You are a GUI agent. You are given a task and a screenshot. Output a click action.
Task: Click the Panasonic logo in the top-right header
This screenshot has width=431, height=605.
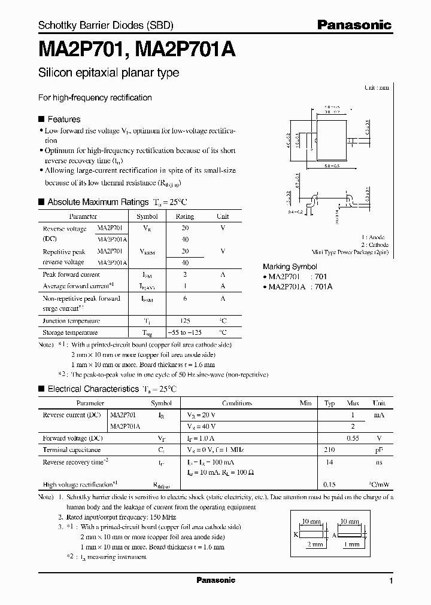pyautogui.click(x=354, y=25)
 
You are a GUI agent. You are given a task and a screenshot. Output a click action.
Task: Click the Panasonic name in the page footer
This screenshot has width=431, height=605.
pyautogui.click(x=215, y=580)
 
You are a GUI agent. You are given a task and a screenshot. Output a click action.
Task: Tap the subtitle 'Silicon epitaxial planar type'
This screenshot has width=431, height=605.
pyautogui.click(x=108, y=73)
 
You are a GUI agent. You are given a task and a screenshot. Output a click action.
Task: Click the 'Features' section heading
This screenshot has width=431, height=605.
pyautogui.click(x=63, y=119)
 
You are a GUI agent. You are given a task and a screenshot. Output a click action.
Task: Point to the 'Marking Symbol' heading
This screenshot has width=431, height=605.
pyautogui.click(x=290, y=267)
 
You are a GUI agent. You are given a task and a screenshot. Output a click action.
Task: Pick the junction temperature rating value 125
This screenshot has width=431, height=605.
pyautogui.click(x=184, y=321)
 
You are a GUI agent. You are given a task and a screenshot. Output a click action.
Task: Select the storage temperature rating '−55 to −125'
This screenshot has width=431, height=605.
pyautogui.click(x=184, y=332)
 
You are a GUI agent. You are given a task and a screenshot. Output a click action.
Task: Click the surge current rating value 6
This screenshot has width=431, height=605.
pyautogui.click(x=184, y=298)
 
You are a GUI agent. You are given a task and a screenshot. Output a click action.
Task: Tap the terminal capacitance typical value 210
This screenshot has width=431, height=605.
pyautogui.click(x=329, y=450)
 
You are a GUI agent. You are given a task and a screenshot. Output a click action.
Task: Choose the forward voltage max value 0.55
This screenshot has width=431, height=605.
pyautogui.click(x=353, y=438)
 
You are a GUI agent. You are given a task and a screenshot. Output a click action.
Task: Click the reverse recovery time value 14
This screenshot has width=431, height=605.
pyautogui.click(x=329, y=462)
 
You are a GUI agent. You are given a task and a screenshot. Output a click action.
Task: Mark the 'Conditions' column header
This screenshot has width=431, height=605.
pyautogui.click(x=236, y=404)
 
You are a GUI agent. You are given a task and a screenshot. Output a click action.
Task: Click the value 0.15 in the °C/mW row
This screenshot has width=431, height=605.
pyautogui.click(x=329, y=485)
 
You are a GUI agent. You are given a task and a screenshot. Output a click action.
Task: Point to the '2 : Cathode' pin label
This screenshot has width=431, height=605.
pyautogui.click(x=375, y=245)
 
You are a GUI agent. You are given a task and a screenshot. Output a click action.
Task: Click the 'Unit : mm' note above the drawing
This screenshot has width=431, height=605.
pyautogui.click(x=377, y=87)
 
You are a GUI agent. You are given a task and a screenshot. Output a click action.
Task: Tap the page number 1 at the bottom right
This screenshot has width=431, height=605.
pyautogui.click(x=391, y=581)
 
